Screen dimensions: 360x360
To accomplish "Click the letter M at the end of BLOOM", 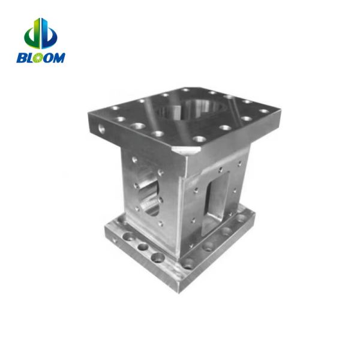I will pyautogui.click(x=60, y=58).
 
